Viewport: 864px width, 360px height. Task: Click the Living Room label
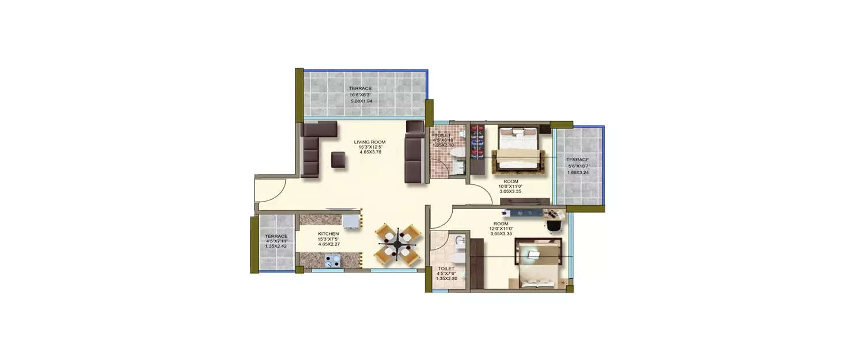click(369, 142)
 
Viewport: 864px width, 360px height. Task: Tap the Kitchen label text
click(328, 234)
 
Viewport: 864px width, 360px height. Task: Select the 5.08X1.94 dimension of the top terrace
click(361, 101)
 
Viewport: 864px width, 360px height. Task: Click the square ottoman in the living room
click(338, 160)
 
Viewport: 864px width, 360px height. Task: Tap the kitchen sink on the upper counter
click(350, 221)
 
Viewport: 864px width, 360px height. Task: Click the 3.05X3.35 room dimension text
click(510, 191)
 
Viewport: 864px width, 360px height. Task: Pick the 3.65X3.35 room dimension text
click(501, 234)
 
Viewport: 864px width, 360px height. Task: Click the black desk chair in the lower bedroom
click(554, 226)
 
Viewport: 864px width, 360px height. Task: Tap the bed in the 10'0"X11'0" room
click(517, 150)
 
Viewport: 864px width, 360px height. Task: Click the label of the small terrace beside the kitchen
click(276, 236)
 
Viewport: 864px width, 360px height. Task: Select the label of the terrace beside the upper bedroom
click(577, 160)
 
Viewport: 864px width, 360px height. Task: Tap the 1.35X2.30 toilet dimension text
click(446, 279)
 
